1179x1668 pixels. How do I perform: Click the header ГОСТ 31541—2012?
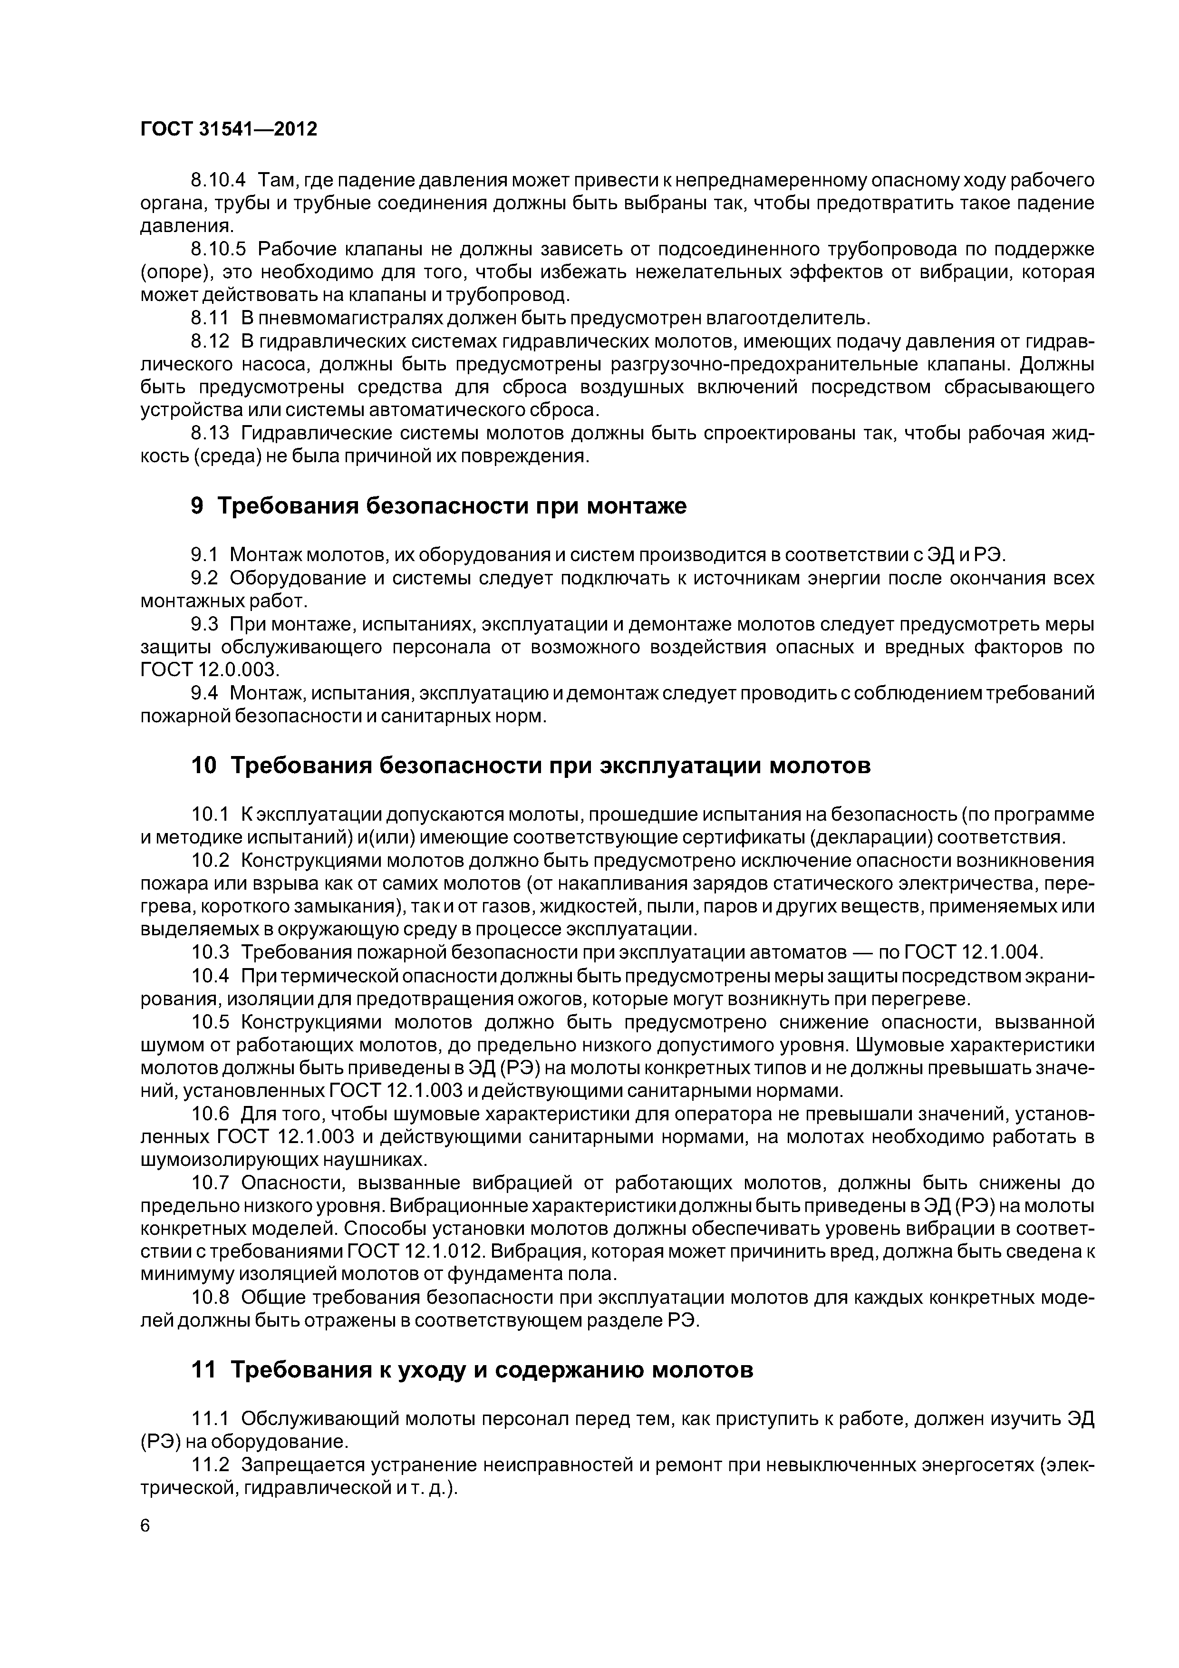coord(229,129)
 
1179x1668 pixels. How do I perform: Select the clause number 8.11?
coord(209,318)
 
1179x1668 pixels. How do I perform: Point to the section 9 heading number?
coord(197,505)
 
